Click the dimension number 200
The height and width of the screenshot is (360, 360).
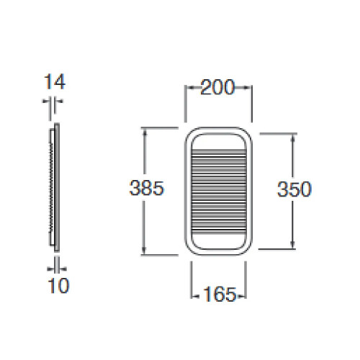point(217,87)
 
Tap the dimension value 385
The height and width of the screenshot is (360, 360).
point(146,188)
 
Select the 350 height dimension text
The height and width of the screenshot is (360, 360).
point(294,189)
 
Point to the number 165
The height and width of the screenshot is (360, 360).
point(220,294)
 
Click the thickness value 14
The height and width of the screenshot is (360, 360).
point(55,81)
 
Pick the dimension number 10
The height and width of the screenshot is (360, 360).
point(58,286)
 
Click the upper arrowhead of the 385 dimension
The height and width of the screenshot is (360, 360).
point(144,132)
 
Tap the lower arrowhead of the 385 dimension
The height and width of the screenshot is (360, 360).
point(144,250)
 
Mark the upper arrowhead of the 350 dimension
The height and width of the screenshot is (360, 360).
point(293,138)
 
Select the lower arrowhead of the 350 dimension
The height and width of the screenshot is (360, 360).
point(293,244)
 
